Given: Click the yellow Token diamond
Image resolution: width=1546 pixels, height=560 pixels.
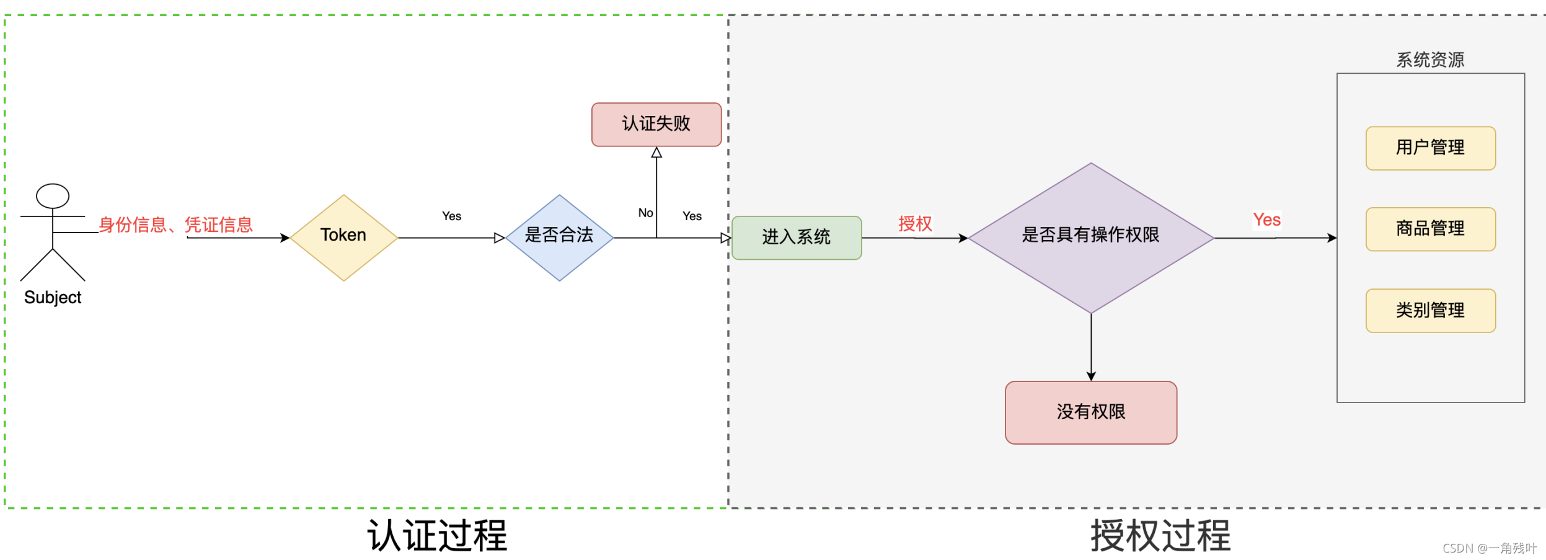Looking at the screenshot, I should pos(343,238).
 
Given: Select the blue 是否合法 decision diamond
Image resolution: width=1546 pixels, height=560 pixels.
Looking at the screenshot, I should pos(559,238).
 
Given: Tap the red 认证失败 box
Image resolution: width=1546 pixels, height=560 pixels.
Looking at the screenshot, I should pos(656,125).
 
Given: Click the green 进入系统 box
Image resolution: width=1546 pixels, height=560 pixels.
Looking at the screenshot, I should pos(797,238).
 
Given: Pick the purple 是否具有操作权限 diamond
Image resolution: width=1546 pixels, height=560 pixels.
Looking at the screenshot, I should pos(1090,238).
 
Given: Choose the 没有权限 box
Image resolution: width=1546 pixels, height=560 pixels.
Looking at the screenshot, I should pos(1090,412).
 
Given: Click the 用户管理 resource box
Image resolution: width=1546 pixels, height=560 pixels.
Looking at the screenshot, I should pos(1430,148).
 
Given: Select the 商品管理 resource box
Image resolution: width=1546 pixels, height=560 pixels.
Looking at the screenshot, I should pos(1430,229).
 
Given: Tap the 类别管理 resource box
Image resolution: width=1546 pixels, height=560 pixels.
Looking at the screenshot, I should pos(1430,311).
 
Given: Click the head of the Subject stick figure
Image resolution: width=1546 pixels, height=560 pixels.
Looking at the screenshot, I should pos(53,196).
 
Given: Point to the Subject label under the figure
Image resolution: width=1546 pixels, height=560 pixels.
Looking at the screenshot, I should pos(53,298).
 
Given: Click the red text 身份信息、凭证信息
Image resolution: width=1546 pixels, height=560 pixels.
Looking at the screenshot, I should pos(175,224).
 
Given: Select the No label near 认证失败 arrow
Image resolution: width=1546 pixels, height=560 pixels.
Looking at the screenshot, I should pos(645,213).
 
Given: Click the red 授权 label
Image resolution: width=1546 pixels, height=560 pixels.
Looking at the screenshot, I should pos(915,224).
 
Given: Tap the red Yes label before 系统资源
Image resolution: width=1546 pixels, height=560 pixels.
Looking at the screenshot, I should pos(1266,220).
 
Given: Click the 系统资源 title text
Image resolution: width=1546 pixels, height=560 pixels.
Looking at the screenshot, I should pos(1430,60).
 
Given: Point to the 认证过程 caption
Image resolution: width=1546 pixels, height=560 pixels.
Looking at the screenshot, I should pos(437,536).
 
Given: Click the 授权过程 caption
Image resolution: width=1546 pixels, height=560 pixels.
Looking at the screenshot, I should pos(1160,536).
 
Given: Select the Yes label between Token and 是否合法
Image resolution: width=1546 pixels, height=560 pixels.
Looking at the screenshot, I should pos(451,216).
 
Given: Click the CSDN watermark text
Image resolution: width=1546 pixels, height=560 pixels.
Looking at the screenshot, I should pos(1489,548).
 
